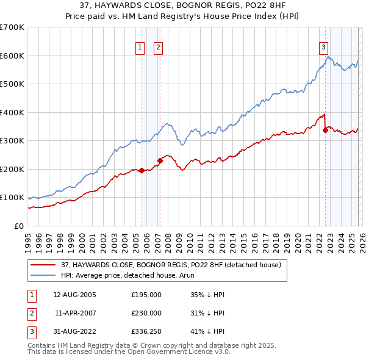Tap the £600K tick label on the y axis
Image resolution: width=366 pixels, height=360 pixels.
(x=12, y=56)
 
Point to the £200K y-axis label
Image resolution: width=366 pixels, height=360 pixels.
(x=12, y=169)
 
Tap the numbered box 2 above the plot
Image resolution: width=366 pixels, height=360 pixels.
(x=158, y=47)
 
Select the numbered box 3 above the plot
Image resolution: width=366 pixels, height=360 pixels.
(x=323, y=47)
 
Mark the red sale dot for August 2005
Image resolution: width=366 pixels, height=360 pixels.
(x=142, y=171)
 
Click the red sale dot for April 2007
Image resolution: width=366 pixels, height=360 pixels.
(x=160, y=160)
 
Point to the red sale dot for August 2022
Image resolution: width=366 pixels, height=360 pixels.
(x=326, y=130)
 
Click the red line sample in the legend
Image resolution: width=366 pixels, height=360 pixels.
(x=44, y=265)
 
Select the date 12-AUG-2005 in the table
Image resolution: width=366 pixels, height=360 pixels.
(x=75, y=295)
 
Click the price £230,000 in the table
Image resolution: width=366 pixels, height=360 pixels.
(x=146, y=313)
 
